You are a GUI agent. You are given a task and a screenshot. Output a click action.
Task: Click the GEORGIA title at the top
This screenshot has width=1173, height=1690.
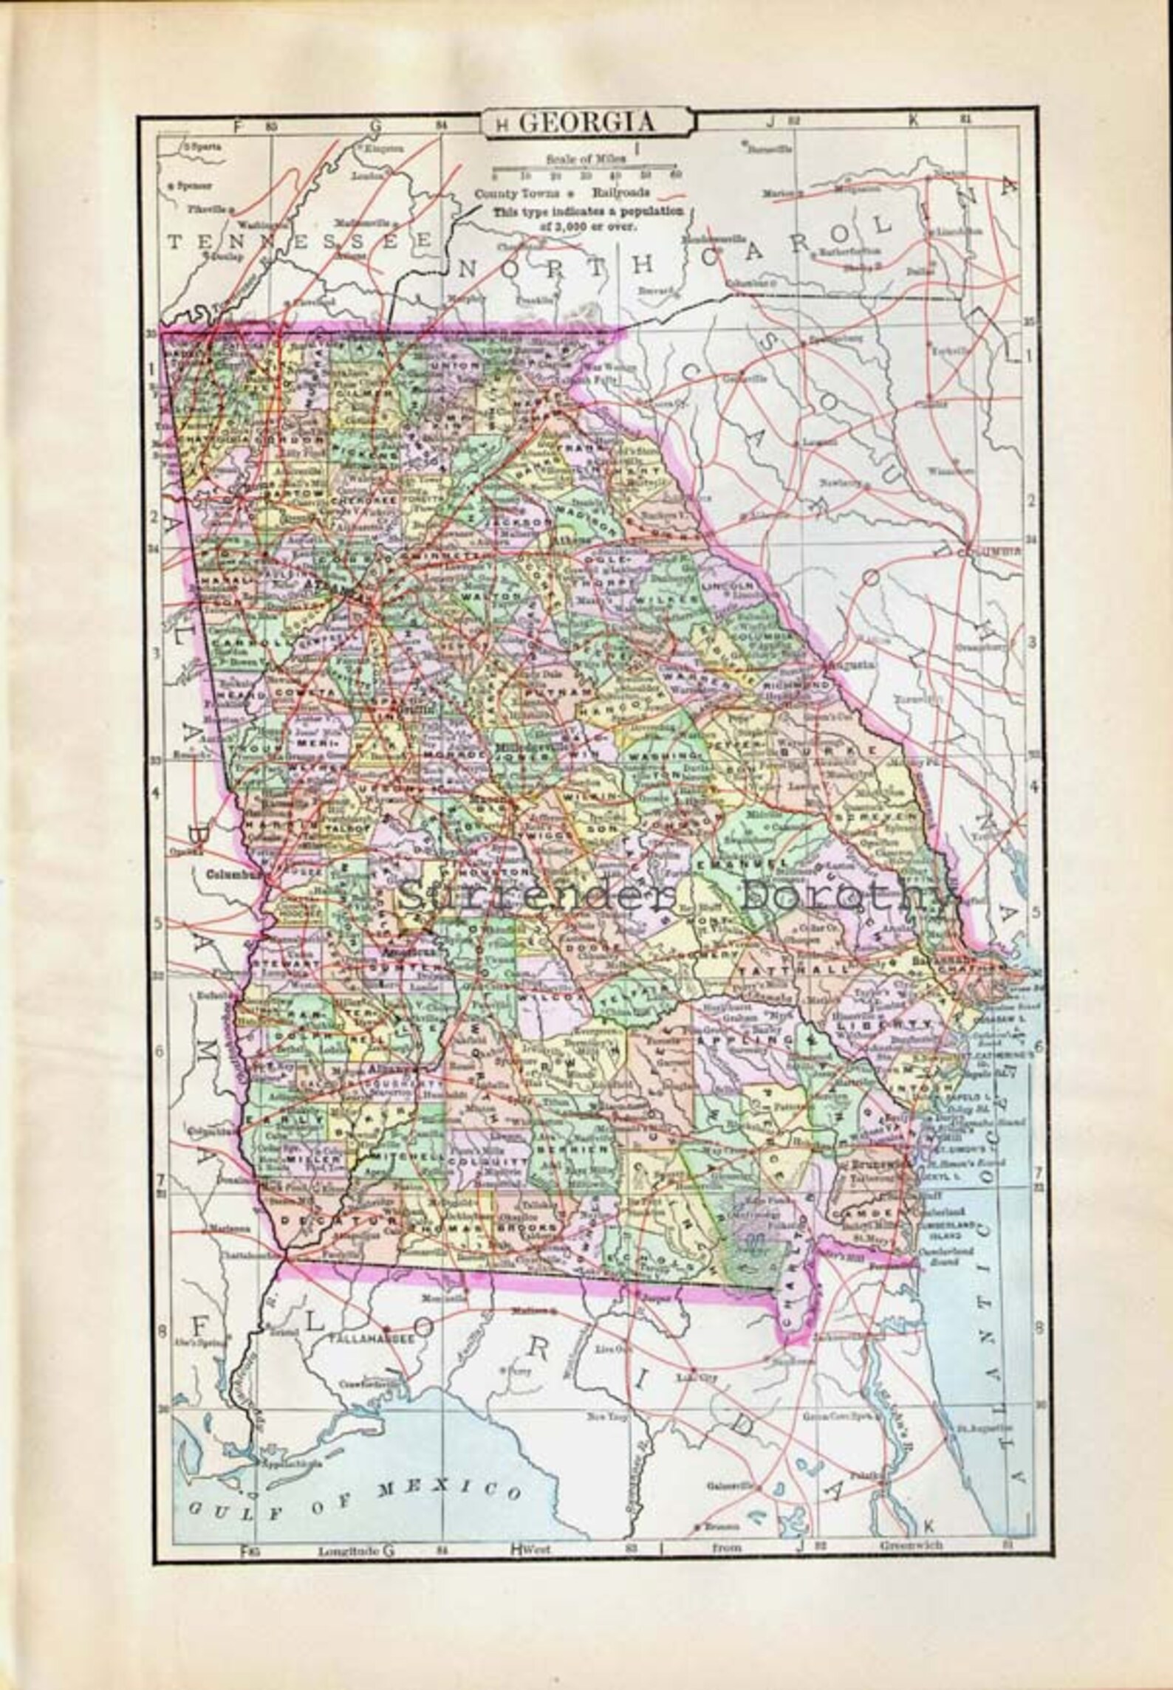click(x=586, y=123)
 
